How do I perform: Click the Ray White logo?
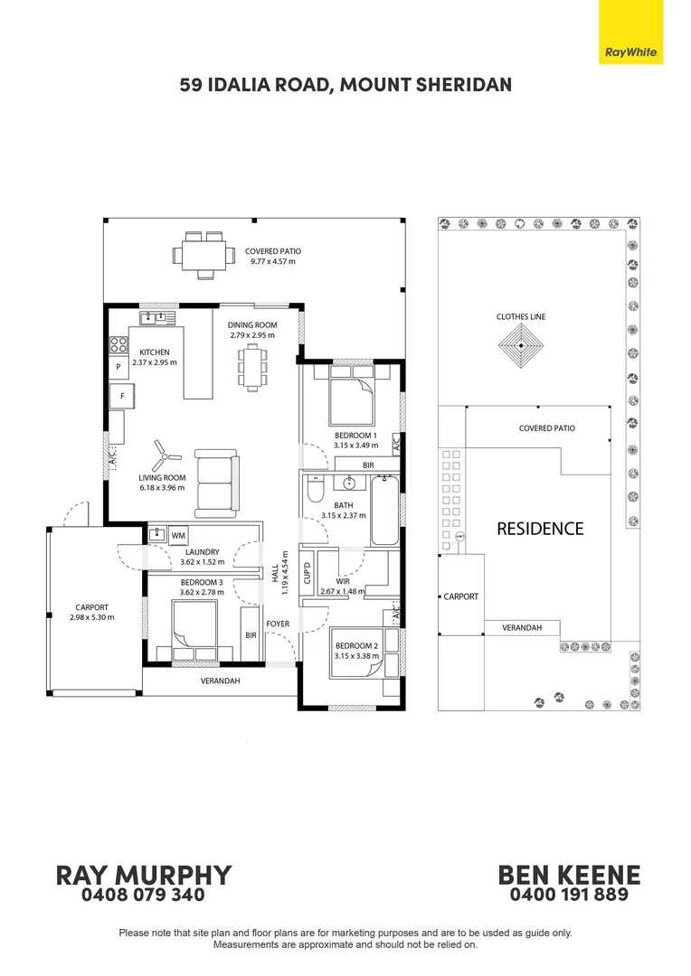(x=630, y=32)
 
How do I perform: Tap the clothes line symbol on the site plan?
(x=521, y=345)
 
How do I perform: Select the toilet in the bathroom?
(x=316, y=489)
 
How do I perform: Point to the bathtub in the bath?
(x=385, y=511)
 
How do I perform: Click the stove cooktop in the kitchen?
(x=118, y=344)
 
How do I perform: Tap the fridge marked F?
(x=122, y=396)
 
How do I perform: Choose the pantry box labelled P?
(x=118, y=367)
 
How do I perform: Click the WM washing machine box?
(x=178, y=535)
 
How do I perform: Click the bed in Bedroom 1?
(x=352, y=395)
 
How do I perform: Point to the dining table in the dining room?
(x=252, y=369)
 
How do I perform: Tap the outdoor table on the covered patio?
(x=199, y=255)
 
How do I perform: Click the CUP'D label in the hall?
(x=308, y=573)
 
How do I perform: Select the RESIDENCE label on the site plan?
(x=540, y=529)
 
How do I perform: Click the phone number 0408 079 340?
(x=143, y=895)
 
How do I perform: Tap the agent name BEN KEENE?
(x=569, y=875)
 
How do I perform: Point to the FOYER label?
(x=278, y=624)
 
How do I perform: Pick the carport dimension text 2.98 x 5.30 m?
(x=92, y=617)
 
